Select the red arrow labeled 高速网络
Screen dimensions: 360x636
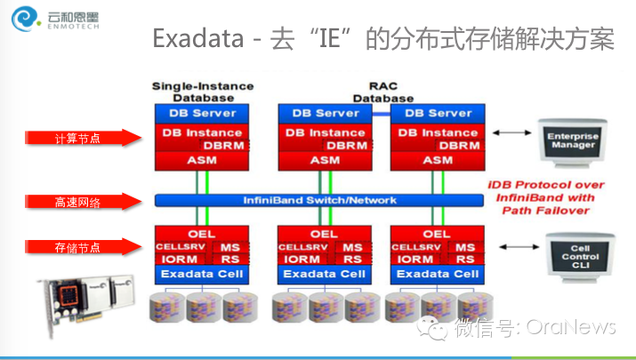pos(85,202)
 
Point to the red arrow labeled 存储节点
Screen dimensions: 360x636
pos(85,246)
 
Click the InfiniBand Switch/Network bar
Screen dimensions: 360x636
pos(320,200)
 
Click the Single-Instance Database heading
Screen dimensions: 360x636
pos(203,92)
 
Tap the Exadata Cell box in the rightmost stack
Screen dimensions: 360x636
pos(438,274)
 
